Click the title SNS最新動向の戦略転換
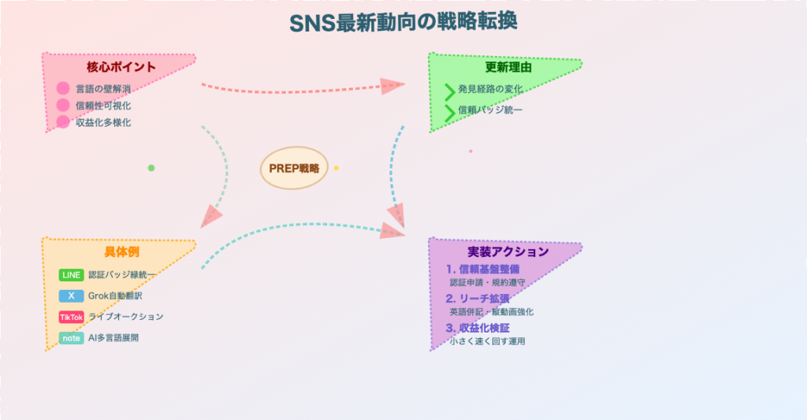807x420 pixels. pos(403,22)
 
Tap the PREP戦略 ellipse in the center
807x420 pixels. pos(293,168)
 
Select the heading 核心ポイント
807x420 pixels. pos(121,67)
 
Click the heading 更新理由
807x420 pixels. pos(508,68)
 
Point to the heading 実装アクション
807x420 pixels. pos(508,252)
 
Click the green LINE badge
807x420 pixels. pos(71,275)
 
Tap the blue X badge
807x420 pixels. pos(71,296)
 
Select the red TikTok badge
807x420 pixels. pos(71,317)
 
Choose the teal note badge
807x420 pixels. pos(71,338)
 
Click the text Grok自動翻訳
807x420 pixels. pos(115,296)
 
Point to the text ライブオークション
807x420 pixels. pos(125,317)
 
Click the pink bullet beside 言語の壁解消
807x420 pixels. pos(63,88)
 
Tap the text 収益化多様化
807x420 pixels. pos(103,122)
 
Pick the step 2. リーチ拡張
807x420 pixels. pos(478,299)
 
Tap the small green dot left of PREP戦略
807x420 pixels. pos(151,168)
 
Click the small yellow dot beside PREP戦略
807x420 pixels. pos(337,168)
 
